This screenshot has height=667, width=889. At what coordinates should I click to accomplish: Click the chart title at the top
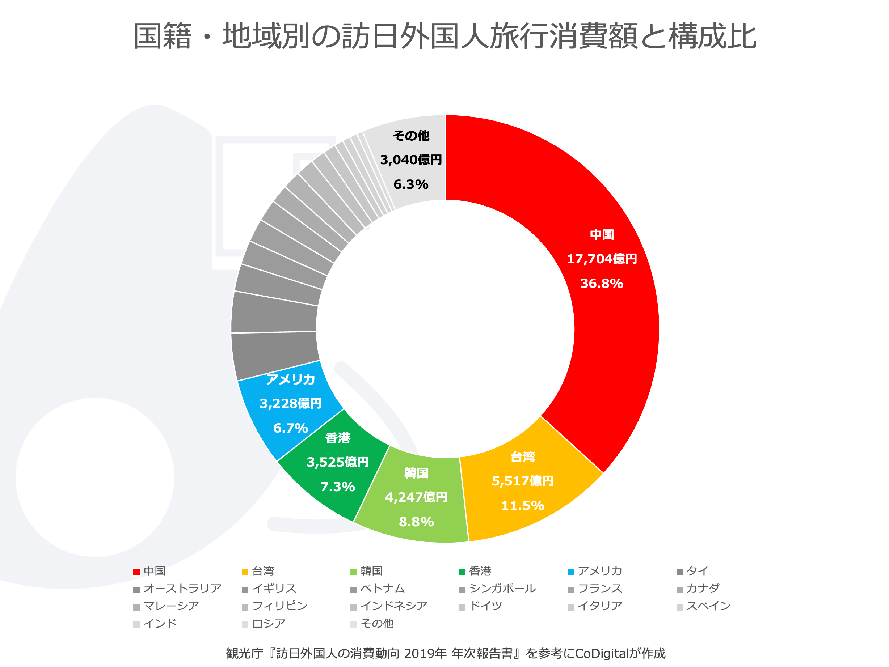click(x=444, y=36)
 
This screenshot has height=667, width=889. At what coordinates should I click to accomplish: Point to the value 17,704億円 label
click(x=602, y=259)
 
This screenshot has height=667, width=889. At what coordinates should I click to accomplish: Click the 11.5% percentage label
click(x=522, y=506)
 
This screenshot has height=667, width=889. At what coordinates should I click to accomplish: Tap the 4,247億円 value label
click(x=416, y=497)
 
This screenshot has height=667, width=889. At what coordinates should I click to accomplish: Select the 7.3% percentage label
click(x=338, y=487)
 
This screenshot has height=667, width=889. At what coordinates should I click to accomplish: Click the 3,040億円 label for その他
click(x=411, y=160)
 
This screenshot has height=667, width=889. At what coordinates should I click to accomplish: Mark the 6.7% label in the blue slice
click(x=291, y=428)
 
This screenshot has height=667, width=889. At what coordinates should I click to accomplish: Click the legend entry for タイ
click(x=697, y=571)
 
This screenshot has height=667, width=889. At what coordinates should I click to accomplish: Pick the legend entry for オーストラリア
click(x=182, y=589)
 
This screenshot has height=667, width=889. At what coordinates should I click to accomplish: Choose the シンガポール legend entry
click(x=502, y=589)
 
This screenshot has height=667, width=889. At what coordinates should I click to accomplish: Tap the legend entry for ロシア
click(x=269, y=624)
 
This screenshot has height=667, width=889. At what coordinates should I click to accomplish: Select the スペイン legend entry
click(x=708, y=606)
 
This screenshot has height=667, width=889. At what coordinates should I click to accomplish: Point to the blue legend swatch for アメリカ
click(x=571, y=572)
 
